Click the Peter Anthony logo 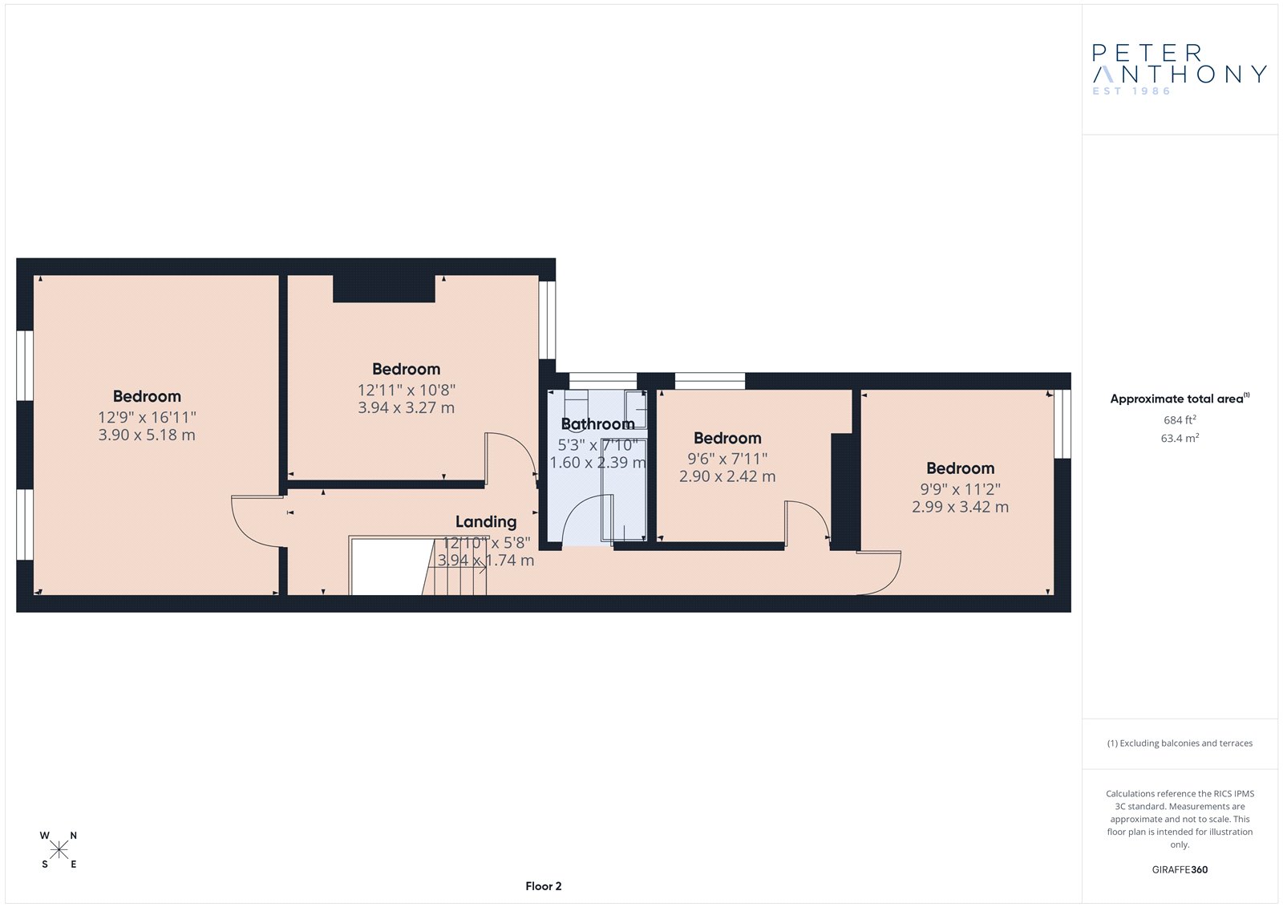[1179, 69]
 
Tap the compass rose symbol [59, 850]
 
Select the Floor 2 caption [544, 886]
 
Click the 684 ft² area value [1180, 419]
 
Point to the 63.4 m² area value [1180, 438]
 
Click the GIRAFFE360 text [1180, 869]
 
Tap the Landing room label [486, 521]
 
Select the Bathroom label [598, 424]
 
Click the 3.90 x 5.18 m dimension [147, 435]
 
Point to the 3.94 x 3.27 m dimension [406, 407]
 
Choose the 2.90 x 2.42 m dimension [727, 476]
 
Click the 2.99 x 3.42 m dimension [961, 507]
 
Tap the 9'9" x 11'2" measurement [961, 488]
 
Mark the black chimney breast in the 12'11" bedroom [384, 288]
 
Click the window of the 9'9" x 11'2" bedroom [1062, 424]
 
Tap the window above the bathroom [602, 381]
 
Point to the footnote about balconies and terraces [1180, 743]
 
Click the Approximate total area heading [1180, 399]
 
